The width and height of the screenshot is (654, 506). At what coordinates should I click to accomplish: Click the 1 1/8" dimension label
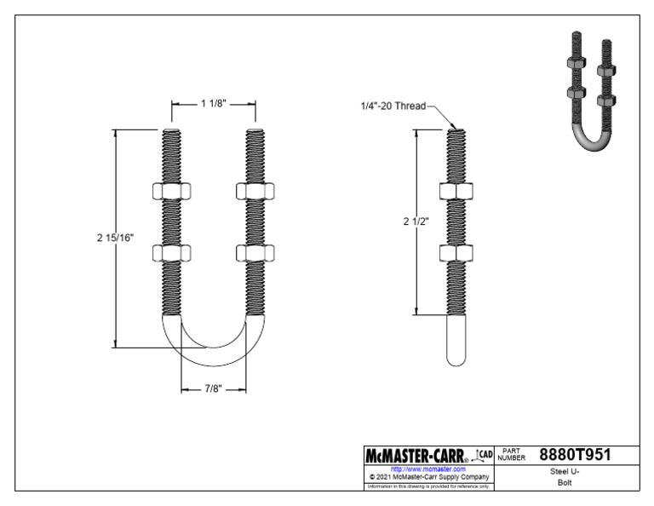pos(214,104)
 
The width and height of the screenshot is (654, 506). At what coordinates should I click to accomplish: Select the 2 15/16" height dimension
pos(115,239)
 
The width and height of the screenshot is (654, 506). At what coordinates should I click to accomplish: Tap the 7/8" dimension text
pos(214,389)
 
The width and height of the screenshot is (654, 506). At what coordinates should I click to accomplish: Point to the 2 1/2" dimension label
pos(415,221)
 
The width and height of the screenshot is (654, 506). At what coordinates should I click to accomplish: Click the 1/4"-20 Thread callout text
pos(392,106)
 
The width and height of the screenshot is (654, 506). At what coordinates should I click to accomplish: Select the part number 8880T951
pos(576,455)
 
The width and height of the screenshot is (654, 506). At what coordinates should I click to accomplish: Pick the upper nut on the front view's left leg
pos(167,191)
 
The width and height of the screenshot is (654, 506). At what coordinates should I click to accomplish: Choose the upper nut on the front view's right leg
pos(255,191)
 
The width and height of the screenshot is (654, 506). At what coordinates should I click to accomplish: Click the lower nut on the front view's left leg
pos(167,252)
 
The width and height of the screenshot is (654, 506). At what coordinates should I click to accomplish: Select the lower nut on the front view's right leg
pos(255,252)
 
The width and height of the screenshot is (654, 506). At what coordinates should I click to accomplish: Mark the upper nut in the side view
pos(456,191)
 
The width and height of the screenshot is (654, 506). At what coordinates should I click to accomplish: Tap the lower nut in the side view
pos(456,252)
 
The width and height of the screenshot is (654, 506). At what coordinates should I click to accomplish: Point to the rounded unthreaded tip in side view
pos(456,345)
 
